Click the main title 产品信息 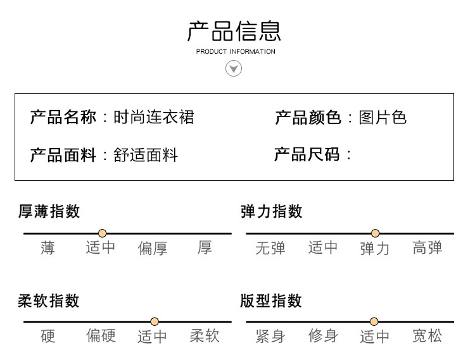(x=234, y=31)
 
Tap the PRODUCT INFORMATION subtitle (x=236, y=51)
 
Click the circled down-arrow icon (x=234, y=68)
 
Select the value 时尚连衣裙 (x=153, y=117)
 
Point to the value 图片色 (x=383, y=117)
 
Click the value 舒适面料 (x=146, y=155)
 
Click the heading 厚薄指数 (x=49, y=211)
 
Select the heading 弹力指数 (x=272, y=211)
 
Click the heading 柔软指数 (x=49, y=301)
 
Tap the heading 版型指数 (x=272, y=301)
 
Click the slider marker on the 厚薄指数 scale (x=103, y=233)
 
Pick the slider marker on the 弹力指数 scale (x=375, y=233)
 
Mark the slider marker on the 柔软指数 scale (x=155, y=321)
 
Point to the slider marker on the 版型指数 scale (x=374, y=321)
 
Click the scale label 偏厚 (x=153, y=249)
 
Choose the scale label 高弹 (x=427, y=248)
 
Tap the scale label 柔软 (x=205, y=336)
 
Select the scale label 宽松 (x=427, y=336)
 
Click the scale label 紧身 (x=270, y=336)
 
